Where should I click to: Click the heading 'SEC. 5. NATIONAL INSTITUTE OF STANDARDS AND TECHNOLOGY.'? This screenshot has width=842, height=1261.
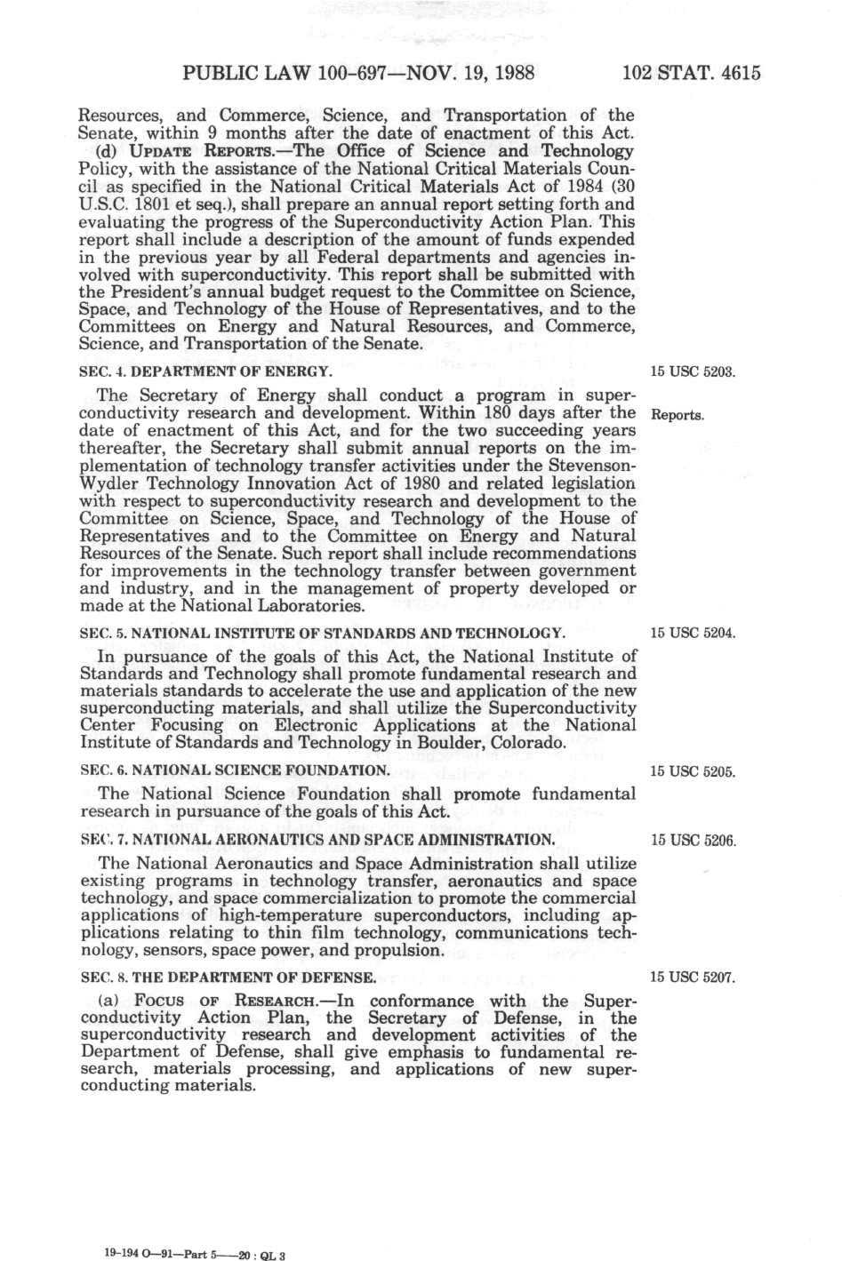point(322,633)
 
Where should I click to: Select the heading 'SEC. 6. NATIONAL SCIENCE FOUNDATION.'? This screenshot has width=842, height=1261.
point(235,770)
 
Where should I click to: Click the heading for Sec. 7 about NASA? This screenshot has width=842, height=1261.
point(317,839)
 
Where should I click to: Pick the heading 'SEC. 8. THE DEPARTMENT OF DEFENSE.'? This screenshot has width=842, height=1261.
point(228,978)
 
